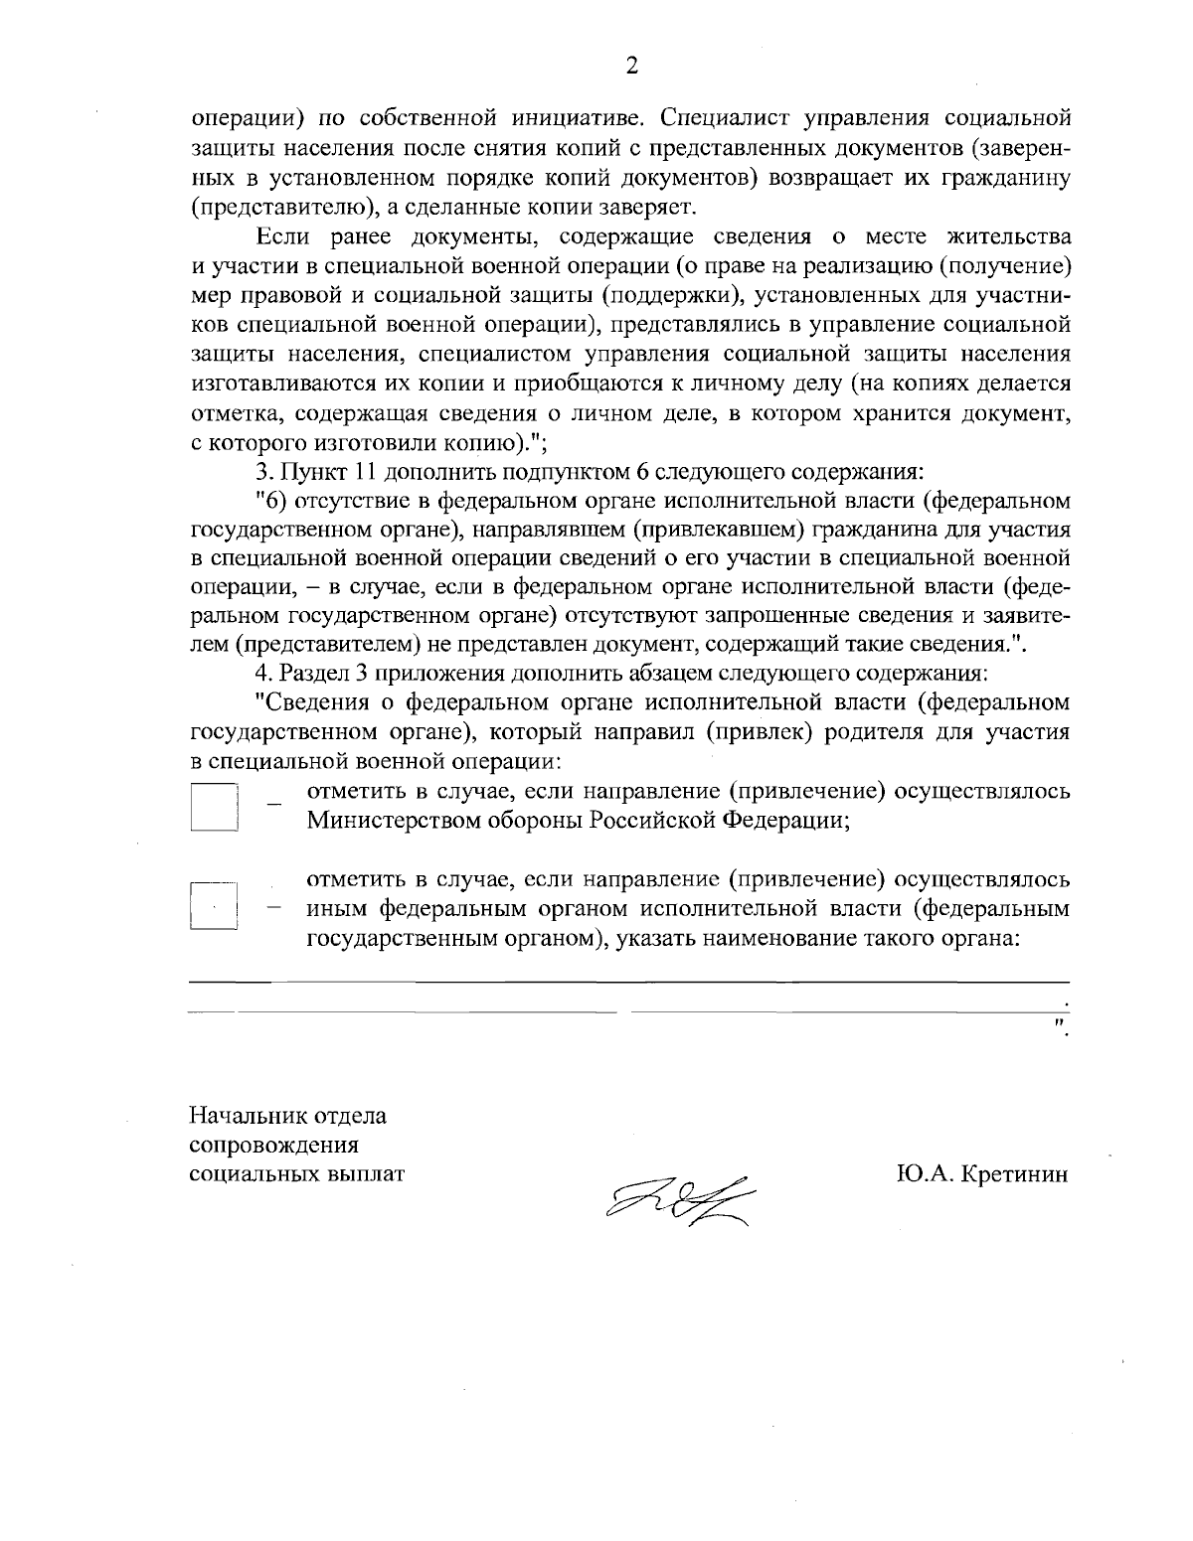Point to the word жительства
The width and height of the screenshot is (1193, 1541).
[1010, 236]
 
